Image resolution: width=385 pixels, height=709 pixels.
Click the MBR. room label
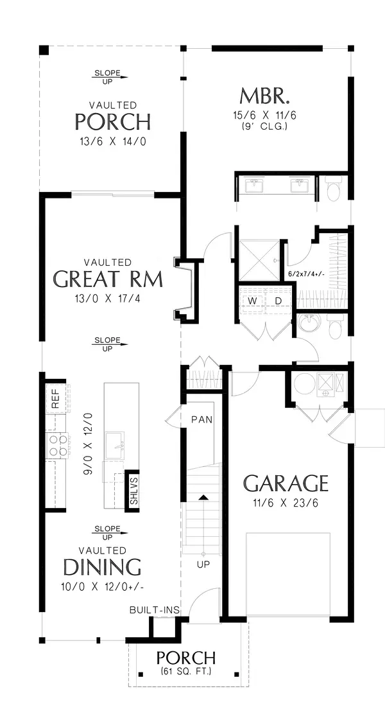264,96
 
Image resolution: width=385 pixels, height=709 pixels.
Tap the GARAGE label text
286,484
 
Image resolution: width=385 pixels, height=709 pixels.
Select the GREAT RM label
108,279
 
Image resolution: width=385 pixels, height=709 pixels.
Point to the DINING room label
102,567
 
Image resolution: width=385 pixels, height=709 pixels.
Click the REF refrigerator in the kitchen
56,398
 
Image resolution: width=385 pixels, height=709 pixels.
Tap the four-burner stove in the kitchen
57,445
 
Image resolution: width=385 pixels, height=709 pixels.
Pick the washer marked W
252,301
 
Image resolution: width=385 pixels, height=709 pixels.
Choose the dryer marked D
278,301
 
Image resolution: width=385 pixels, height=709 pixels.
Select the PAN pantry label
201,419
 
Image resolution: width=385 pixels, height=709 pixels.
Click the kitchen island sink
116,441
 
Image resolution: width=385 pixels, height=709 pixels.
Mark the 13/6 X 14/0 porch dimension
113,141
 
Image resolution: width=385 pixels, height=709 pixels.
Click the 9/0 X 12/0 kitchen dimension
88,442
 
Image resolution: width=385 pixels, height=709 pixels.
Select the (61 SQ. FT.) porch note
185,671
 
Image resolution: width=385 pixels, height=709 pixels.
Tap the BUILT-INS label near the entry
155,610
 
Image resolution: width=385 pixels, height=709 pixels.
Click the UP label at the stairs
203,565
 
